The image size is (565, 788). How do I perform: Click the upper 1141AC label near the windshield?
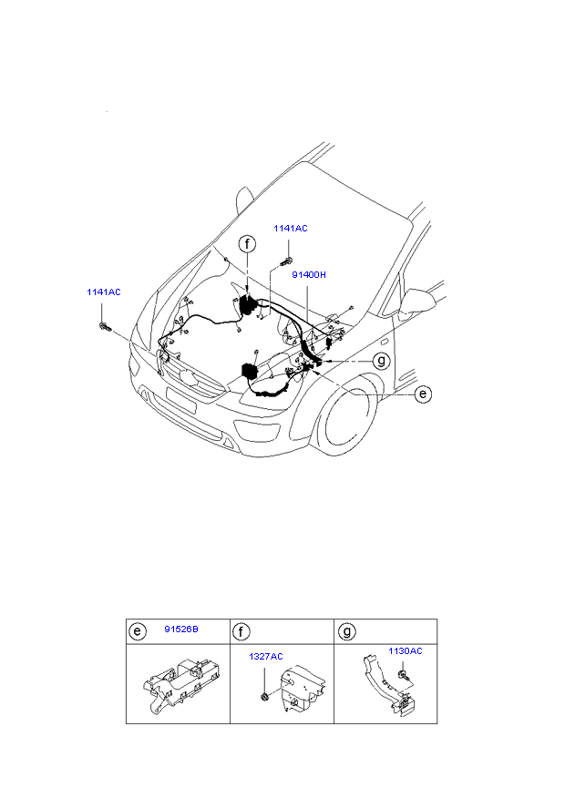click(290, 228)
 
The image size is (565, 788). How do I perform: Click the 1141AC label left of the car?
click(104, 292)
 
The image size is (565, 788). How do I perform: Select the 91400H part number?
click(309, 275)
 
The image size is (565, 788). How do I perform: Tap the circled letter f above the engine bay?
click(247, 244)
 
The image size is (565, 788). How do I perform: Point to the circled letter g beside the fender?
click(382, 361)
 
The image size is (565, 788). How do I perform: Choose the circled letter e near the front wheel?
click(423, 394)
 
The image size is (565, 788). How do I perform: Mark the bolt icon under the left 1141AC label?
click(104, 326)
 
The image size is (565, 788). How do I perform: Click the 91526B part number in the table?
click(181, 629)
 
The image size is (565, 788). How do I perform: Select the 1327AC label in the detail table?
click(266, 656)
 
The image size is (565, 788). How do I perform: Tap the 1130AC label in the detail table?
click(406, 650)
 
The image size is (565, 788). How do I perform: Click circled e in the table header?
click(138, 631)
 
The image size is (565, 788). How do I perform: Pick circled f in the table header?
click(241, 631)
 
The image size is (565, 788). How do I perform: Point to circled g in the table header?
click(346, 631)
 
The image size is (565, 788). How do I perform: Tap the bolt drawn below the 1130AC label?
click(403, 675)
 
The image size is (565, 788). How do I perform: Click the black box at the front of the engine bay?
click(250, 371)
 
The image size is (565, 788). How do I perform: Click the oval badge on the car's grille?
click(186, 377)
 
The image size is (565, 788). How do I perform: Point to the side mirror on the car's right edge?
click(416, 302)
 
